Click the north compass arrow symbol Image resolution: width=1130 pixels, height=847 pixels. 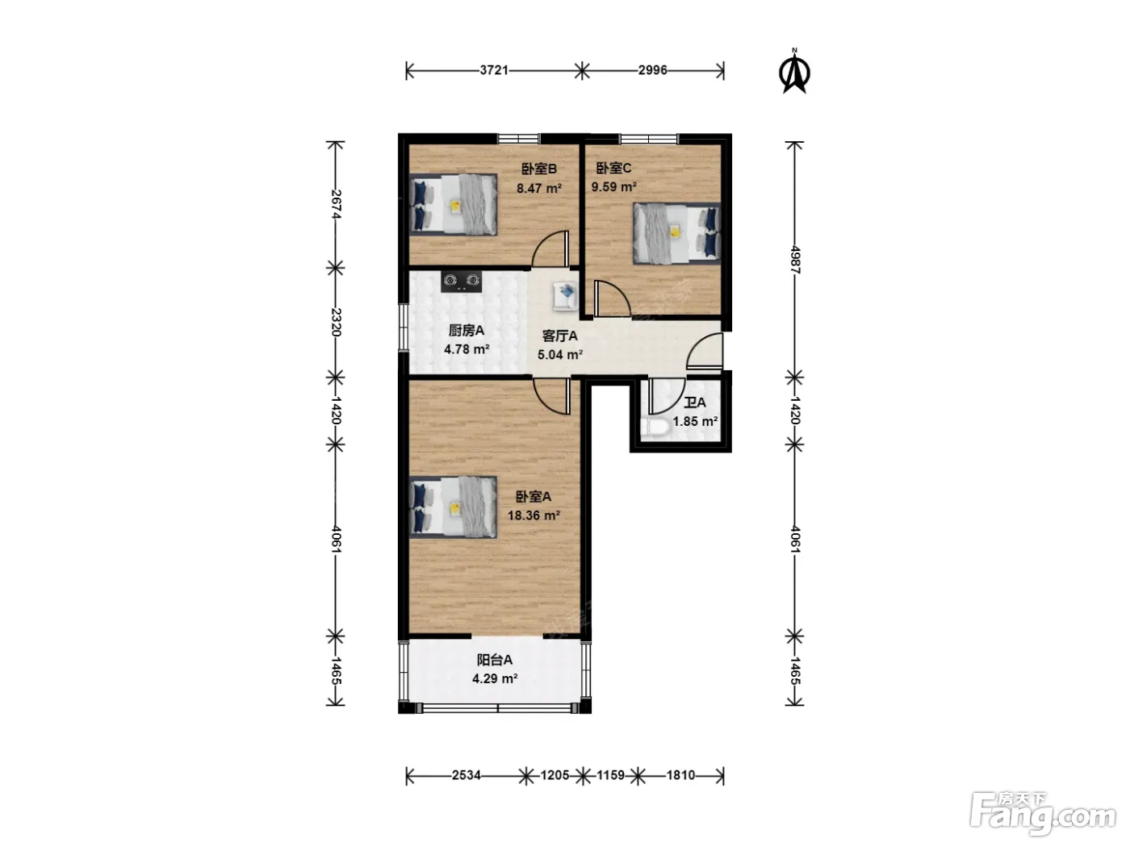[x=794, y=71]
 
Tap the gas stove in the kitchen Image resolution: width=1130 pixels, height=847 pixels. [x=461, y=282]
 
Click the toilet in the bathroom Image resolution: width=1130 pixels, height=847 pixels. [x=655, y=427]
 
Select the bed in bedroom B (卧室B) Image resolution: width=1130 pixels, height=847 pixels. [x=453, y=205]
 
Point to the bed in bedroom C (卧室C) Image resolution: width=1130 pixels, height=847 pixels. [x=676, y=234]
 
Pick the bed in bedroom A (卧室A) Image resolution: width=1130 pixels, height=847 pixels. [x=453, y=507]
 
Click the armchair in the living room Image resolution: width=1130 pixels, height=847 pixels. [x=565, y=297]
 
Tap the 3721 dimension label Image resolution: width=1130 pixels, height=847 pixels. [x=494, y=70]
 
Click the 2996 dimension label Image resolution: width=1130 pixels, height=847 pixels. [x=652, y=70]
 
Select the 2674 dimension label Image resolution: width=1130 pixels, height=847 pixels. [x=336, y=204]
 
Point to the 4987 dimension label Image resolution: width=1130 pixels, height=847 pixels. [x=795, y=261]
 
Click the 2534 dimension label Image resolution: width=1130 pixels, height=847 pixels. [x=467, y=775]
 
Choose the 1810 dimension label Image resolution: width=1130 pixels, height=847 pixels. [x=680, y=775]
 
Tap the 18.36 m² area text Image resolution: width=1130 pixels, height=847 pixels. [x=534, y=515]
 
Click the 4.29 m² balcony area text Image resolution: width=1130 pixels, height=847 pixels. [x=495, y=679]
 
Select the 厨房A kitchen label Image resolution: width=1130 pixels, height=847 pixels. [x=467, y=330]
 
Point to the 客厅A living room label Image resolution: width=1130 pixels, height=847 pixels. [x=560, y=336]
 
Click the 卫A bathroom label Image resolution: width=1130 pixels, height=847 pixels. [x=694, y=403]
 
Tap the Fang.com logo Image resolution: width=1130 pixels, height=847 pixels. [x=1043, y=815]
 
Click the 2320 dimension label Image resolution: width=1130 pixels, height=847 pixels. [x=336, y=322]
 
